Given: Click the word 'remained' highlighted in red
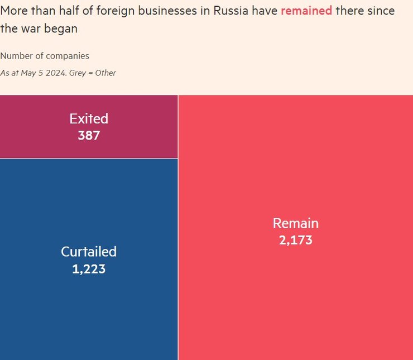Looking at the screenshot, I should [x=306, y=11].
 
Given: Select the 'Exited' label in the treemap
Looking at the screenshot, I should [x=89, y=118].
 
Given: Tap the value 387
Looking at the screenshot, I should [x=89, y=135].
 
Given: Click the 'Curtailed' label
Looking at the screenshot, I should [x=89, y=252].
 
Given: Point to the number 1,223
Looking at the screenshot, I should [x=89, y=269].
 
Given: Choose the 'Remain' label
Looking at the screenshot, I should [x=295, y=223].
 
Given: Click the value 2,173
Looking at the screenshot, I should [x=295, y=241].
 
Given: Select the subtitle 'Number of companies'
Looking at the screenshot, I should [x=45, y=56].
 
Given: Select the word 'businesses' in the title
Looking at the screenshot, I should [x=176, y=11].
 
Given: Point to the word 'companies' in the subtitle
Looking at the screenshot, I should [x=68, y=56].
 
